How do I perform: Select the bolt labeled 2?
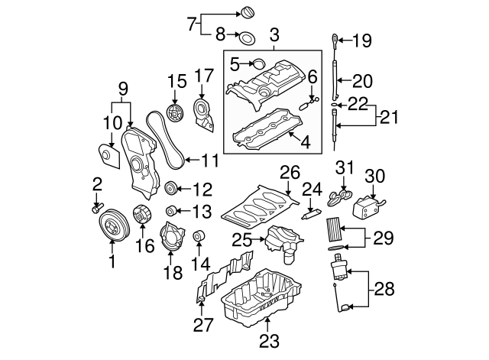pos(98,206)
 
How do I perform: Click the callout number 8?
pos(219,34)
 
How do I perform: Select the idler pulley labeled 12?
pos(170,188)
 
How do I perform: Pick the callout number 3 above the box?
pos(274,34)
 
